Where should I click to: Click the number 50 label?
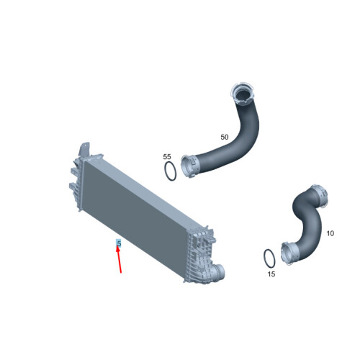[225, 138]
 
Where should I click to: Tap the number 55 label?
[167, 157]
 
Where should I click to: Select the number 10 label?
[330, 233]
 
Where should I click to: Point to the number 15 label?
[271, 274]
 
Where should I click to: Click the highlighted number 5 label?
[119, 243]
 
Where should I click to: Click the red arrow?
[119, 259]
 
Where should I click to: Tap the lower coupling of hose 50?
[189, 166]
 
